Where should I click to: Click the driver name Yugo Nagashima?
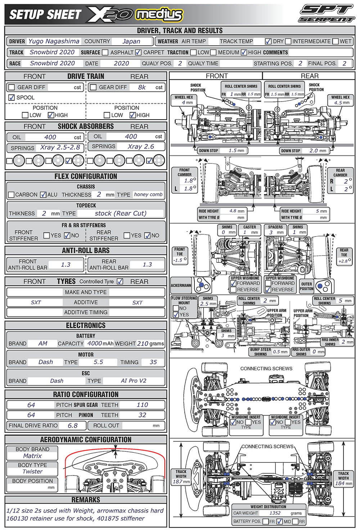coord(54,41)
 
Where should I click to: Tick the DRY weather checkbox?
coord(268,41)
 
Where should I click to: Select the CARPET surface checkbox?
coord(138,52)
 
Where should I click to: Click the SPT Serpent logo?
coord(327,14)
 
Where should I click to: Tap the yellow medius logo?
coord(159,15)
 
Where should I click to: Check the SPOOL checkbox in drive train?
coord(11,98)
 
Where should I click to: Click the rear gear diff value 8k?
coord(142,87)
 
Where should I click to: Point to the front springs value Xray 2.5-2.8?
coord(60,148)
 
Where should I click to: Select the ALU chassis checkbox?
coord(43,195)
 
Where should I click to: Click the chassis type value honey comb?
coord(148,194)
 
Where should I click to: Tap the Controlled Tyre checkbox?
coord(120,281)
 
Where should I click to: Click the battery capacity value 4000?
coord(95,343)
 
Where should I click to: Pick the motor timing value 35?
coord(153,362)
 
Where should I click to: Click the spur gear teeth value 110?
coord(142,405)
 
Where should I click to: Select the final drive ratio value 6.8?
coord(73,425)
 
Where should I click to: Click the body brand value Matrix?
coord(32,456)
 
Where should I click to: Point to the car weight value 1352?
coord(275,513)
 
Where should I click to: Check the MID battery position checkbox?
coord(279,522)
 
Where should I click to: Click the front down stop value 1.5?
coord(233,150)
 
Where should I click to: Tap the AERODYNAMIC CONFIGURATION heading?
coord(86,439)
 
